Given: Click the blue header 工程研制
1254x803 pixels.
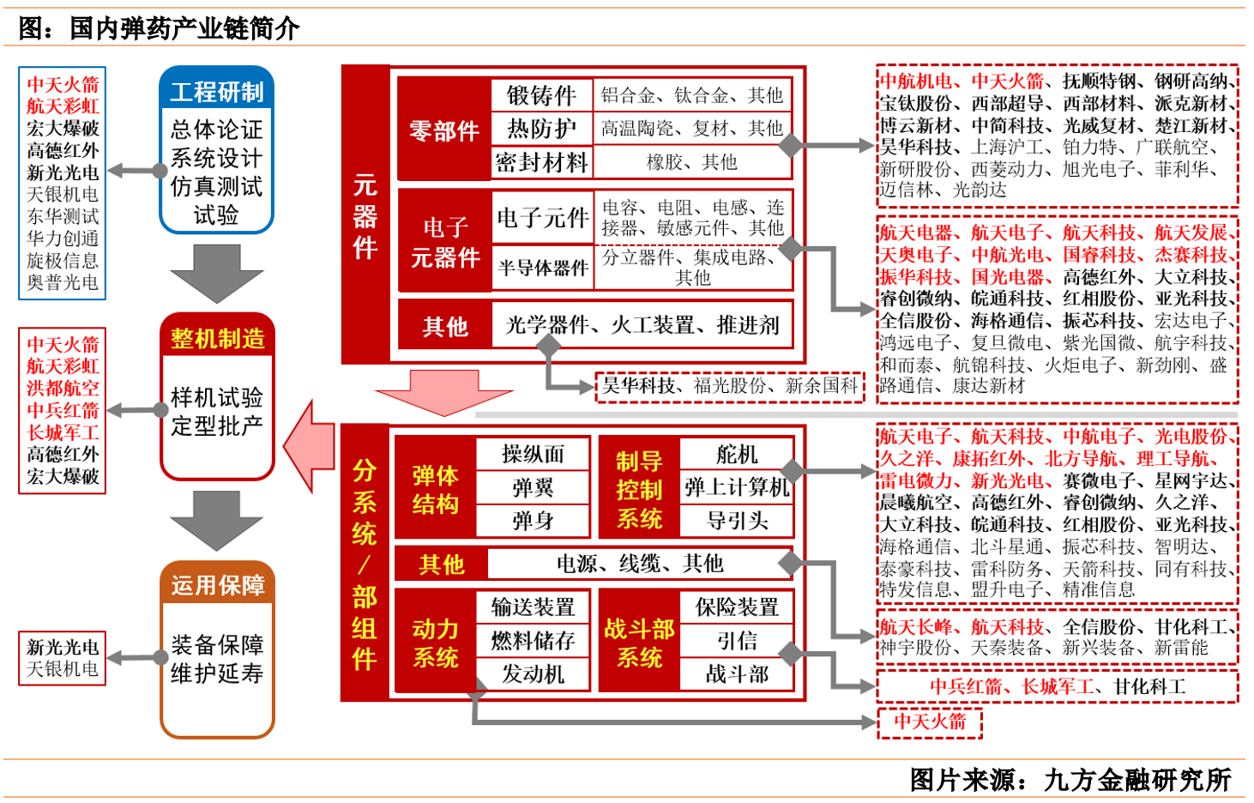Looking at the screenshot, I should [216, 91].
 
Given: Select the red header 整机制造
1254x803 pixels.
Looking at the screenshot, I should [217, 338].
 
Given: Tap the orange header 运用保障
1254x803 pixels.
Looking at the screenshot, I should [217, 585].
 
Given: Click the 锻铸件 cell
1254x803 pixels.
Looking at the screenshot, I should [541, 94].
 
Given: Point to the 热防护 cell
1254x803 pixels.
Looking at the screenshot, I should [541, 129].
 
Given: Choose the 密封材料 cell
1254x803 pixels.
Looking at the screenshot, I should [541, 162].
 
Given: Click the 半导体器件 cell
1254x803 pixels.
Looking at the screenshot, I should [542, 269].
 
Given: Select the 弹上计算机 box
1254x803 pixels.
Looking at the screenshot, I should [737, 487].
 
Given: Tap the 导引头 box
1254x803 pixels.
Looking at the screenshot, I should [737, 521].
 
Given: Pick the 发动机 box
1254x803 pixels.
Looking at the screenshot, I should [533, 674].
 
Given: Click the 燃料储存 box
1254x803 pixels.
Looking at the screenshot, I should [533, 641].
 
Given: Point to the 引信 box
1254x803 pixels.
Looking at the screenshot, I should [737, 641].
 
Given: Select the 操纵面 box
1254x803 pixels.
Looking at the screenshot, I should [533, 454].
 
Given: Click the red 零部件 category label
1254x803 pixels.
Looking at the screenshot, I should [443, 130].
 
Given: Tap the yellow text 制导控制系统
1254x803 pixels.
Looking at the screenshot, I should [639, 490].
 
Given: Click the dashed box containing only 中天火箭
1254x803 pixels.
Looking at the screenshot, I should [930, 721].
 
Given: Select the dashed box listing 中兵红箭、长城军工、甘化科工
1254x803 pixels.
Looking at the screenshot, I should [1058, 687].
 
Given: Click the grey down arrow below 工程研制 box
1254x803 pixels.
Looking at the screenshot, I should [216, 274].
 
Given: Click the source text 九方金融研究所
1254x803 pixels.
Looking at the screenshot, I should [1136, 780].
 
